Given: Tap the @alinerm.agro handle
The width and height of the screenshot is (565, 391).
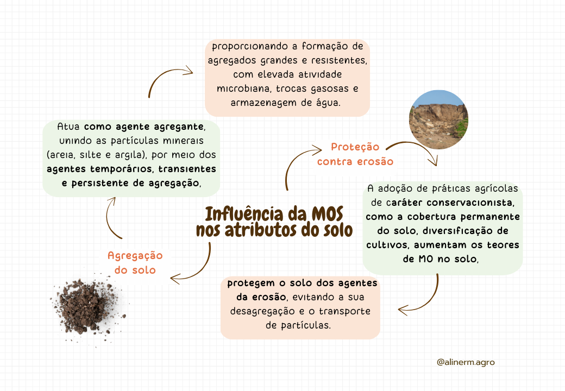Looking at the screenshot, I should (x=466, y=362).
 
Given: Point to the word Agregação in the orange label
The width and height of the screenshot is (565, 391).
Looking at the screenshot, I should (x=135, y=256).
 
